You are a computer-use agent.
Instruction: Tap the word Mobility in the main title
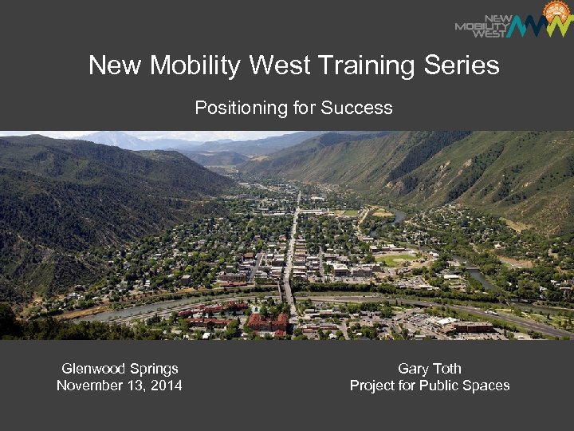[x=191, y=65]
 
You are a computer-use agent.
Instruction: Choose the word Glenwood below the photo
[x=93, y=369]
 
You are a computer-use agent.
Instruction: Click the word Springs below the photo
[x=153, y=369]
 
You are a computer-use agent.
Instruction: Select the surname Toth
[x=447, y=369]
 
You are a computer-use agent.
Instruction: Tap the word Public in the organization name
[x=444, y=386]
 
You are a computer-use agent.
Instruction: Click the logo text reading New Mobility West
[x=482, y=26]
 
